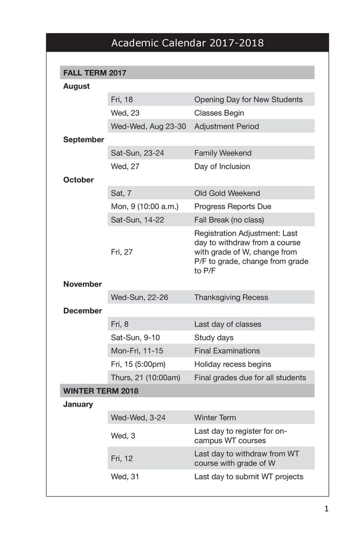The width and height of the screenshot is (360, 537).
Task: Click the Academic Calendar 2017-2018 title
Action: [187, 43]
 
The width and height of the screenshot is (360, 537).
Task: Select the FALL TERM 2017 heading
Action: [95, 73]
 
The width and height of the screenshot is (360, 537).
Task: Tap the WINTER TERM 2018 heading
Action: [101, 391]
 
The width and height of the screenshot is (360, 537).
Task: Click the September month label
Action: [84, 140]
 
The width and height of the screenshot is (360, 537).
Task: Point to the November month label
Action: [82, 284]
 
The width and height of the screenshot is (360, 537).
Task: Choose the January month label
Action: [78, 404]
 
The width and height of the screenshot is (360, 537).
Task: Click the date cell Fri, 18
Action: [122, 100]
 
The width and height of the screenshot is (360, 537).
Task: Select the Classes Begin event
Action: [219, 113]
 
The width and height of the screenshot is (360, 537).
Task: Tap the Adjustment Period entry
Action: [226, 126]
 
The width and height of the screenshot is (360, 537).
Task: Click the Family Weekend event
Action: [223, 153]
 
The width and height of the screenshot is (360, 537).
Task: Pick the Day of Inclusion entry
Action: [222, 166]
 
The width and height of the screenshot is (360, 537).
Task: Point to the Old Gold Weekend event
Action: [227, 193]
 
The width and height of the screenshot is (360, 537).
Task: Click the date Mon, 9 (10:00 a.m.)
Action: [144, 206]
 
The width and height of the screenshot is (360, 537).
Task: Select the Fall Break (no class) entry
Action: [229, 220]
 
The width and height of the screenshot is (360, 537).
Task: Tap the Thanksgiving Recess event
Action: [231, 297]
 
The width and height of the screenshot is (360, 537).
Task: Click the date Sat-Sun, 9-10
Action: [135, 337]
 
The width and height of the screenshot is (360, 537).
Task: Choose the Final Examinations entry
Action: [227, 351]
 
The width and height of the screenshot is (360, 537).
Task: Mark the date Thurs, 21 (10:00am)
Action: [146, 377]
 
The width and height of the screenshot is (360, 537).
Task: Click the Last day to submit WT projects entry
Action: [248, 476]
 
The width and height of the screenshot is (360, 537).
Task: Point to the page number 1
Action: [326, 509]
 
